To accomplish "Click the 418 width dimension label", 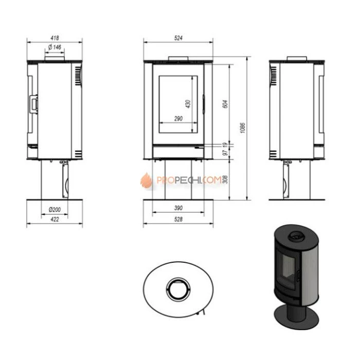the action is (x=55, y=38).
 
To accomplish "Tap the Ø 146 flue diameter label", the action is (x=55, y=47).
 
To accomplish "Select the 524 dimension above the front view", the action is (x=178, y=38).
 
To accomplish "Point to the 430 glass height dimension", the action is (x=188, y=104).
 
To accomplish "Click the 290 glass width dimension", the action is (x=178, y=119).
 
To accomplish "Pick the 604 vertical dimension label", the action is (x=226, y=104).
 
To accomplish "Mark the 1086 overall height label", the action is (x=242, y=128).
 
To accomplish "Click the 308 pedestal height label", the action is (x=225, y=179).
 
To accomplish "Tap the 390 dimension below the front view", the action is (x=178, y=208).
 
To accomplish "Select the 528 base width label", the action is (x=178, y=219).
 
